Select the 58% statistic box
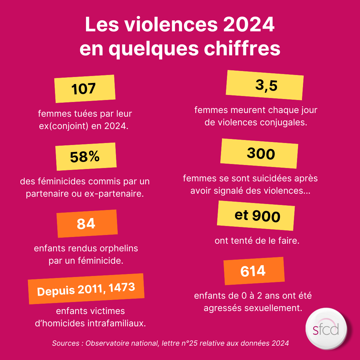coord(86,157)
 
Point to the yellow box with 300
coord(259,154)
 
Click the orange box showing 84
coord(87,224)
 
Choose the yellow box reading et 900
coord(256,216)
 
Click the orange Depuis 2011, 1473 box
coord(86,289)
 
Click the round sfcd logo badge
coord(326,329)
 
